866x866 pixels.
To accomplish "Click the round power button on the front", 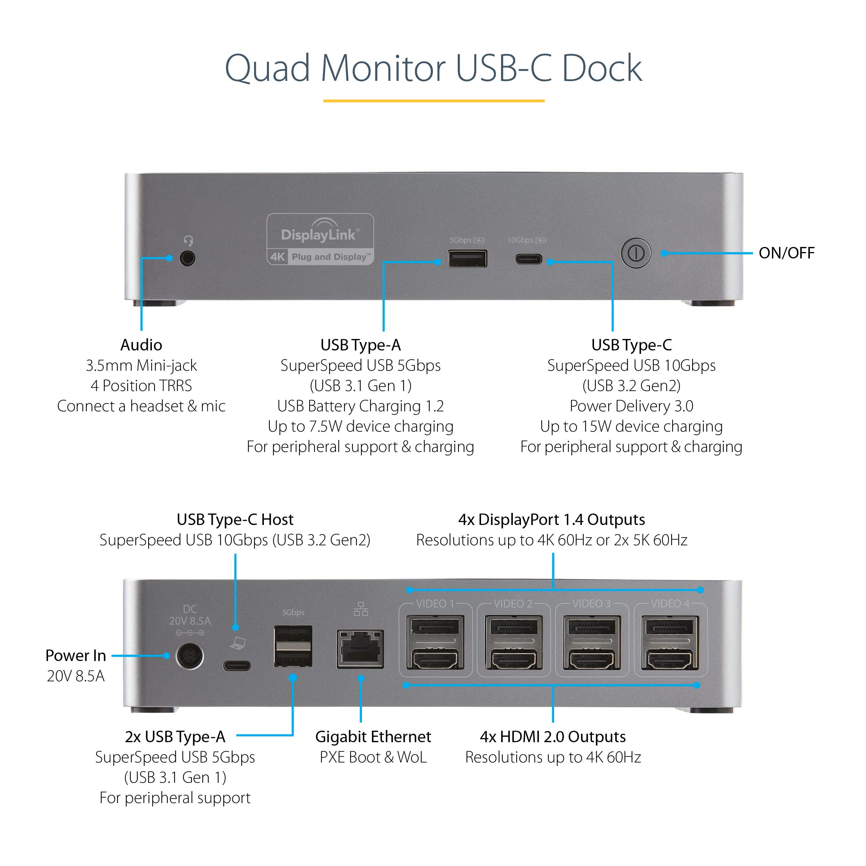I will click(x=636, y=253).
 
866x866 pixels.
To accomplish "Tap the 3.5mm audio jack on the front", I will click(x=187, y=259).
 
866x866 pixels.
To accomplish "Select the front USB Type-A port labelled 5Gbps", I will click(x=467, y=259).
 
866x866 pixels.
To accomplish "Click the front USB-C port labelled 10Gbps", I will click(x=528, y=259).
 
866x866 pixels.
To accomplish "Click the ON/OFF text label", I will click(x=786, y=253).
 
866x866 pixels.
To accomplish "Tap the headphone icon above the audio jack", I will click(x=188, y=241).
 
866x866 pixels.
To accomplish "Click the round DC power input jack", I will click(x=189, y=656).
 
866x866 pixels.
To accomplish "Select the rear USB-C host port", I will click(x=237, y=666).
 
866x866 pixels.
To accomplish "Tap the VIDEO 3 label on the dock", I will click(x=591, y=604).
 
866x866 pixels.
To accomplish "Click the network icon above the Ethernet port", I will click(x=361, y=609).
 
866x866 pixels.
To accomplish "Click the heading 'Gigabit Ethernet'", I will click(x=373, y=737).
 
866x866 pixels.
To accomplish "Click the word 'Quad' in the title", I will click(x=267, y=69).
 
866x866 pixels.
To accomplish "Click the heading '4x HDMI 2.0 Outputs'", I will click(x=553, y=737).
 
